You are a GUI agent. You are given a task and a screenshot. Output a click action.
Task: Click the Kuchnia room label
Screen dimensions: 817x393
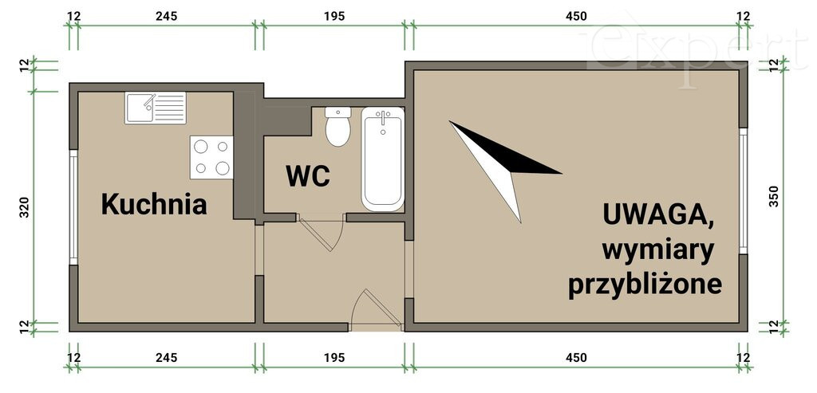tap(154, 204)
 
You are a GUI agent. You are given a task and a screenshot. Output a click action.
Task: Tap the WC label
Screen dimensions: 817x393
tap(308, 176)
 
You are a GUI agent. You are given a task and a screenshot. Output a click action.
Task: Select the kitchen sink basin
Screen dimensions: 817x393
tap(140, 108)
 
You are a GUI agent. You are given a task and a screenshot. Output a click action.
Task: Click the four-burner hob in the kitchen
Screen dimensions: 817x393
tap(211, 157)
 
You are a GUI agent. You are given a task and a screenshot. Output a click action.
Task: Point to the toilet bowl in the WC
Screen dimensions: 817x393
tap(337, 132)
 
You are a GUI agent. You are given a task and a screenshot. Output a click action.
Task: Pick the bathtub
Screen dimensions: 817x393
tap(383, 159)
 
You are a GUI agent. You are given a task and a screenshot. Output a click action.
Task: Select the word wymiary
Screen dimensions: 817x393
tap(657, 252)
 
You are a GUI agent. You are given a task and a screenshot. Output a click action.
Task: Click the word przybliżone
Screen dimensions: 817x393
tap(645, 285)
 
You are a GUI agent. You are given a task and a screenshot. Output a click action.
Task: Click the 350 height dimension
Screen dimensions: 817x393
tap(774, 196)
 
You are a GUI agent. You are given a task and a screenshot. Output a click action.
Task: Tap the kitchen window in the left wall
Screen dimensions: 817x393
tap(73, 207)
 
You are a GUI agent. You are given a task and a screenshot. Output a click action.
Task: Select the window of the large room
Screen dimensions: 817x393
tap(744, 191)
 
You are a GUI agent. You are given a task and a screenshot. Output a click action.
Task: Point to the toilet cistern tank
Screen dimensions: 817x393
tap(337, 112)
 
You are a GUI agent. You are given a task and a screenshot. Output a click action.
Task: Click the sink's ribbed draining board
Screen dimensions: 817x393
tap(170, 108)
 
